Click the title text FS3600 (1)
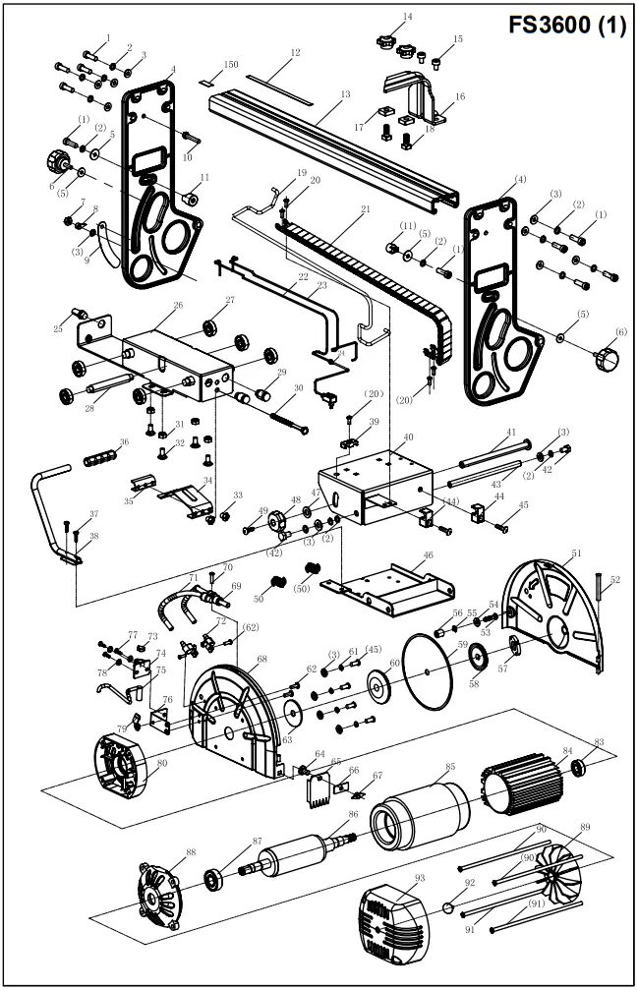pos(566,27)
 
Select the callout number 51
pos(577,554)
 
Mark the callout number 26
pos(178,306)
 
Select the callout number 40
pos(408,437)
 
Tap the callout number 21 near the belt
pos(365,209)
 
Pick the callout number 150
pos(232,64)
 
